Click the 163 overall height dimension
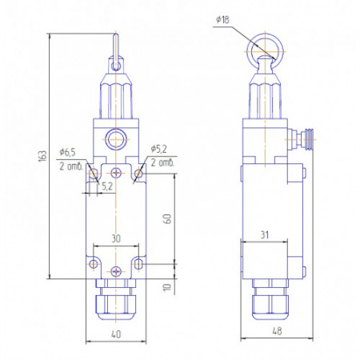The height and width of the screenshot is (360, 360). coord(42,156)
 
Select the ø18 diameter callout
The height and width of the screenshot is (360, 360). coord(222,20)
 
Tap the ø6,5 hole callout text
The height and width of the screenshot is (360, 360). coord(67,152)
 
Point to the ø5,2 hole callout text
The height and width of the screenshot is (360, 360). coord(159,149)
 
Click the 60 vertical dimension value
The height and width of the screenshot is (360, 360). coord(167,218)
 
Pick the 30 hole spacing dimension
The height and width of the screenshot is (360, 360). coord(116,238)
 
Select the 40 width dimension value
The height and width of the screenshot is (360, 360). coord(116,334)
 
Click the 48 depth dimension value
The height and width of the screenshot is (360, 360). coord(277,331)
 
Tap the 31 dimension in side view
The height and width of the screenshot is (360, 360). coord(264,235)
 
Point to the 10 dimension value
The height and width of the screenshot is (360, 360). coord(167,287)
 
